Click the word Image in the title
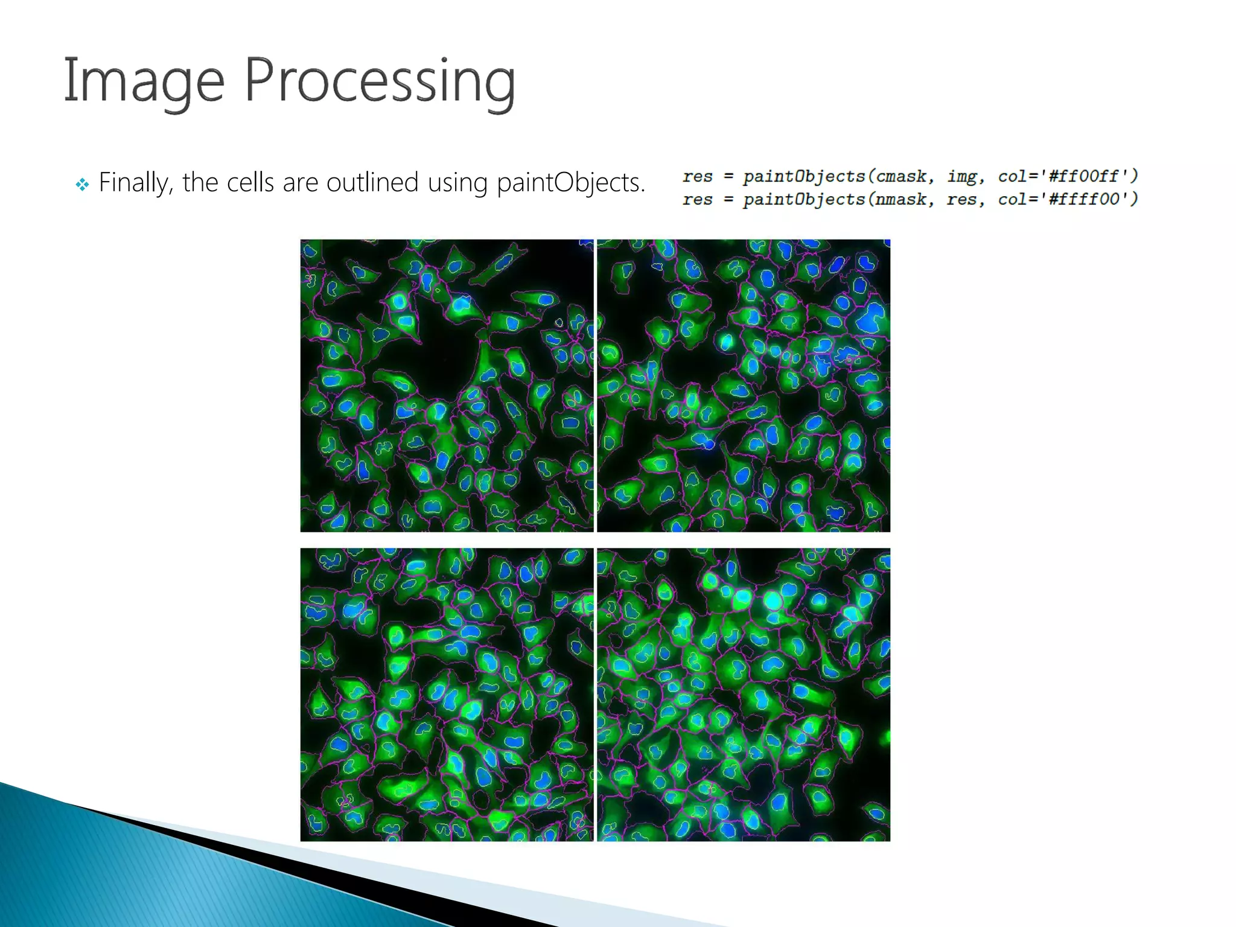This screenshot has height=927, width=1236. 144,81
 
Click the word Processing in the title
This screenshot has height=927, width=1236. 380,81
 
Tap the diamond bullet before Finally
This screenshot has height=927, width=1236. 82,184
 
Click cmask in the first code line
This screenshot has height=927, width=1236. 902,176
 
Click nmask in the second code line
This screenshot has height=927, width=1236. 901,199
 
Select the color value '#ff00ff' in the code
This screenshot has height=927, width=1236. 1083,176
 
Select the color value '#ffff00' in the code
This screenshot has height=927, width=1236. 1083,199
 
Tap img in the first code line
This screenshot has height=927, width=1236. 962,176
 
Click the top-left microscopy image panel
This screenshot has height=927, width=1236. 447,386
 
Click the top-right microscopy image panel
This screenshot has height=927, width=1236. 744,386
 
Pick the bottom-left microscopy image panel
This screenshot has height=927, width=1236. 447,695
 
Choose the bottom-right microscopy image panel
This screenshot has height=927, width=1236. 744,695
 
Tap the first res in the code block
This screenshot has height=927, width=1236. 698,176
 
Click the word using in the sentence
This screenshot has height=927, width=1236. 457,182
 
